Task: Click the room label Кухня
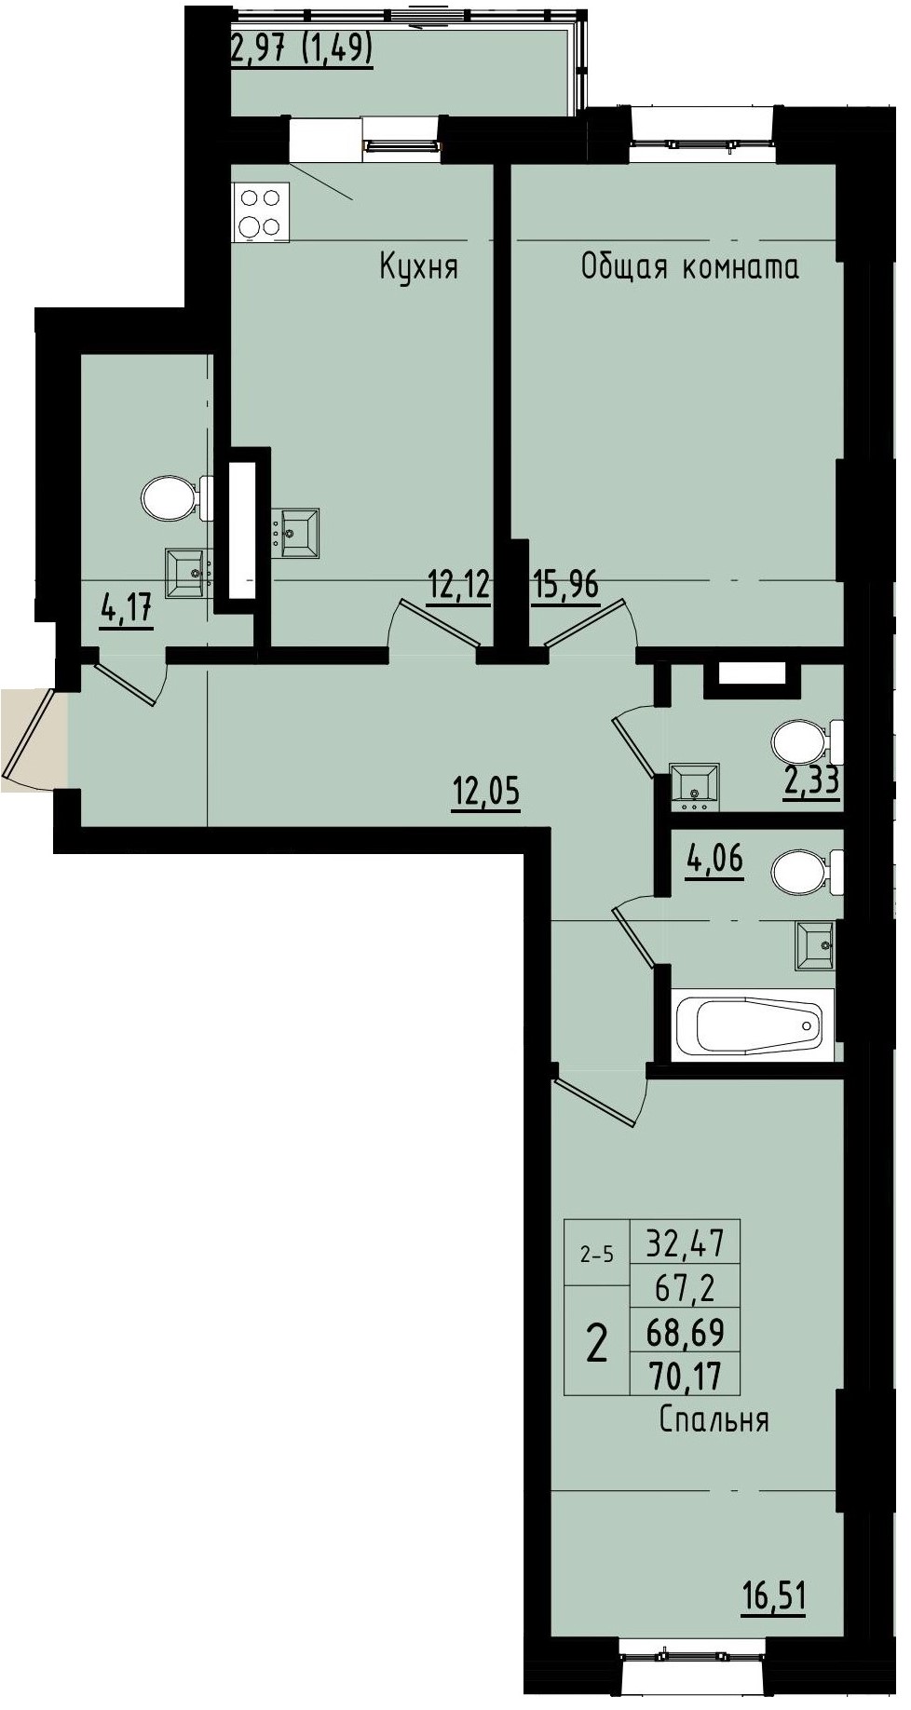coord(418,267)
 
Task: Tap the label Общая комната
coord(689,267)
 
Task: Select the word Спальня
coord(714,1419)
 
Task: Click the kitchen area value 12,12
coord(458,586)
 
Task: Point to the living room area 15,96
coord(565,586)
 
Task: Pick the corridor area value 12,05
coord(485,793)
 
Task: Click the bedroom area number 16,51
coord(773,1596)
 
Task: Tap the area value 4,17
coord(126,611)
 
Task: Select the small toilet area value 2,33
coord(811,781)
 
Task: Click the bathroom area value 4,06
coord(714,857)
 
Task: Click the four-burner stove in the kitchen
coord(260,212)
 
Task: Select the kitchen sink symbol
coord(298,533)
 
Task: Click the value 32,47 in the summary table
coord(685,1242)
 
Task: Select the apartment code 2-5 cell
coord(596,1255)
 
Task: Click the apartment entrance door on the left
coord(35,740)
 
